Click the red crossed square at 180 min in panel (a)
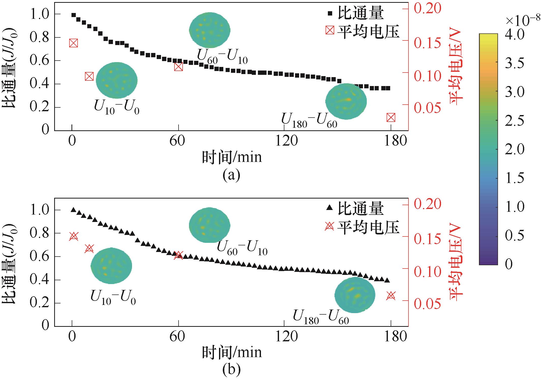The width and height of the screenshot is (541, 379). point(391,118)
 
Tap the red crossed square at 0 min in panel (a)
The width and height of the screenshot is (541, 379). point(73,43)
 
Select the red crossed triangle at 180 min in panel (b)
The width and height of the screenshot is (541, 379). point(391,296)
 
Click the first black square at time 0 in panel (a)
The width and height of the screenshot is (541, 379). point(74,15)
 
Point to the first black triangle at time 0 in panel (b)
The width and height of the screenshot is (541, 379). point(74,210)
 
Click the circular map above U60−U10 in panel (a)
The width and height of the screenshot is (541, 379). point(210,30)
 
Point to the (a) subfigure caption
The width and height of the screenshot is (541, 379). point(231,175)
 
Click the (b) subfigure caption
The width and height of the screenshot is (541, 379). point(231,370)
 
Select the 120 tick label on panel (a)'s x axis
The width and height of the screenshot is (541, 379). point(286,141)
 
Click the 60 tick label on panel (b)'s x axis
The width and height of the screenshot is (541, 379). point(177,336)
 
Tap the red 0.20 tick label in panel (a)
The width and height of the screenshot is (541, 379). point(428,9)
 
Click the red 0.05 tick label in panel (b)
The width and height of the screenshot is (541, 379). point(428,304)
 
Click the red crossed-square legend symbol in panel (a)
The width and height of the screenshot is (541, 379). point(330,31)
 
